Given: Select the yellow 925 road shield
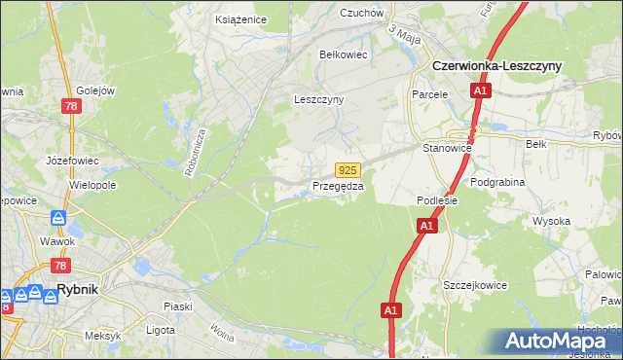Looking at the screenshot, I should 349,169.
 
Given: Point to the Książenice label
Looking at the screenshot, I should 241,18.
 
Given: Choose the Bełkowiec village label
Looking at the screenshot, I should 344,54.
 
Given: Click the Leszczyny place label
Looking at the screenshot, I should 319,99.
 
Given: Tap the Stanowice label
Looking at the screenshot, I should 448,148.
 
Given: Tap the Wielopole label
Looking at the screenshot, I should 92,183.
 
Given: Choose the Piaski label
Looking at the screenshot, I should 177,306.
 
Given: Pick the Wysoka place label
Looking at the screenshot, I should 551,221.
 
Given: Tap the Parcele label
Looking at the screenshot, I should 429,94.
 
